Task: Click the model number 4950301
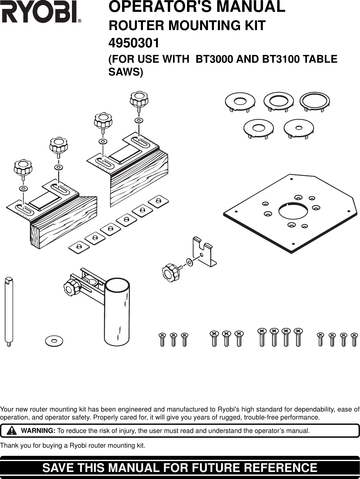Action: click(x=134, y=43)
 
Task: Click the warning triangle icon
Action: click(x=12, y=430)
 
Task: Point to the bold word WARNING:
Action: click(x=38, y=431)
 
